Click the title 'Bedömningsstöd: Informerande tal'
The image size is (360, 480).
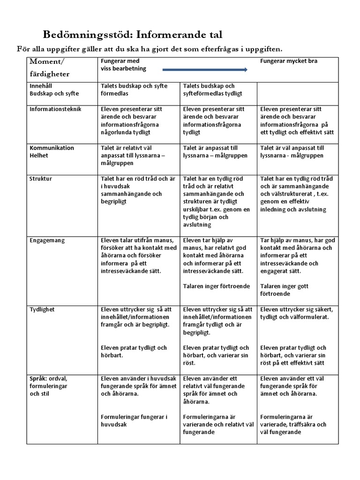point(133,35)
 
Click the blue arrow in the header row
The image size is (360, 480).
point(205,70)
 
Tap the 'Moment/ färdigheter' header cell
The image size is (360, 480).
point(50,68)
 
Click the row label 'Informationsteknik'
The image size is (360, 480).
point(55,109)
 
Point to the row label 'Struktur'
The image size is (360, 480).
point(41,179)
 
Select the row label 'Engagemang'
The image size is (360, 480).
point(47,240)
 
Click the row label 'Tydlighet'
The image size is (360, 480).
point(42,309)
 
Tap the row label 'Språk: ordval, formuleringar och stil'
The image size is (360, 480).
point(48,386)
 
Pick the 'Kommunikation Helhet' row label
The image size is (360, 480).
point(52,151)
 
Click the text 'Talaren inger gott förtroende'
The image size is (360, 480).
point(285,290)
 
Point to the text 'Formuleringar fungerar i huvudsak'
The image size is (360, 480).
point(134,420)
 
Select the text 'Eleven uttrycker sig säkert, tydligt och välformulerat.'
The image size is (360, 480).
point(297,313)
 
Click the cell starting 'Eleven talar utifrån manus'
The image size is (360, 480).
point(139,255)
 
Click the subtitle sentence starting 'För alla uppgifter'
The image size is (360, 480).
point(150,49)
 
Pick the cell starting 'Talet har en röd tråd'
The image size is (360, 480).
point(138,190)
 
